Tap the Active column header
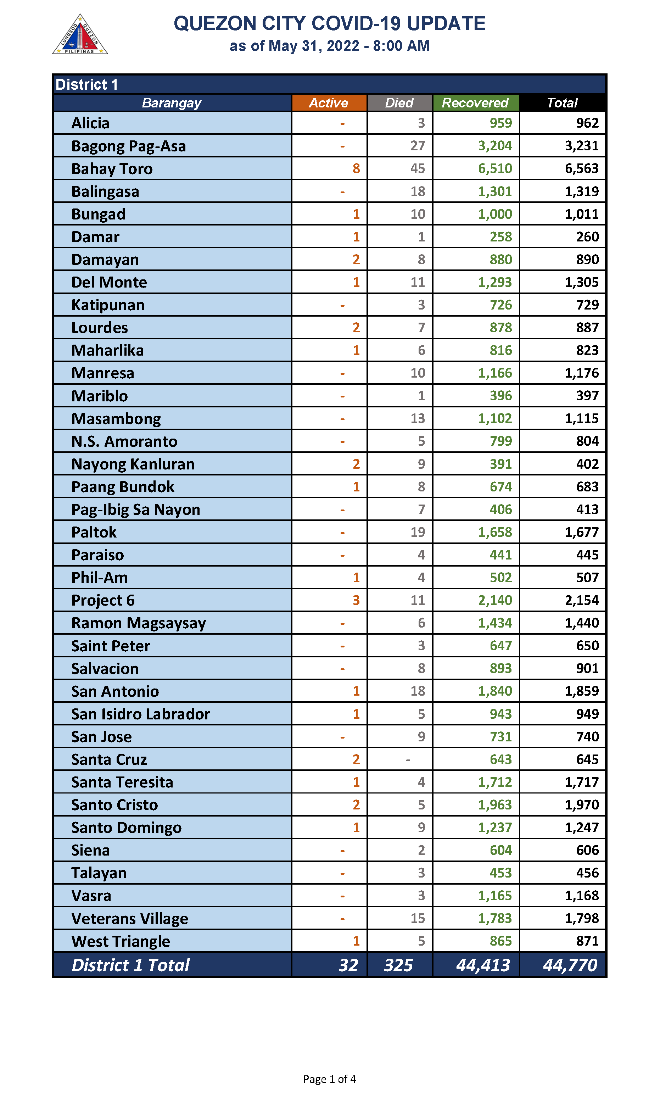pos(329,103)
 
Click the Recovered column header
pos(475,103)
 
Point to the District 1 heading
pos(87,84)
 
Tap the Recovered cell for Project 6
pos(494,600)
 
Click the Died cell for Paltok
pos(417,532)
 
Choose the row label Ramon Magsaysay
pos(138,623)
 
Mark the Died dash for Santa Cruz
pos(408,759)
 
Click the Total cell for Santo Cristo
pos(581,805)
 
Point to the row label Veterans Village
pos(129,919)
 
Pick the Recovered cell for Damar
pos(500,236)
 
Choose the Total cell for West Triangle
pos(587,941)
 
